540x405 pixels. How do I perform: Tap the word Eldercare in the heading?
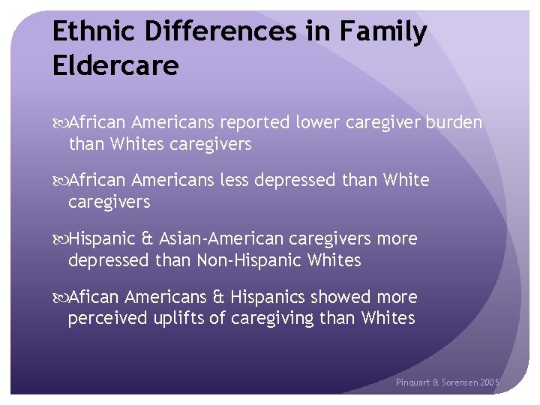tap(115, 66)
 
